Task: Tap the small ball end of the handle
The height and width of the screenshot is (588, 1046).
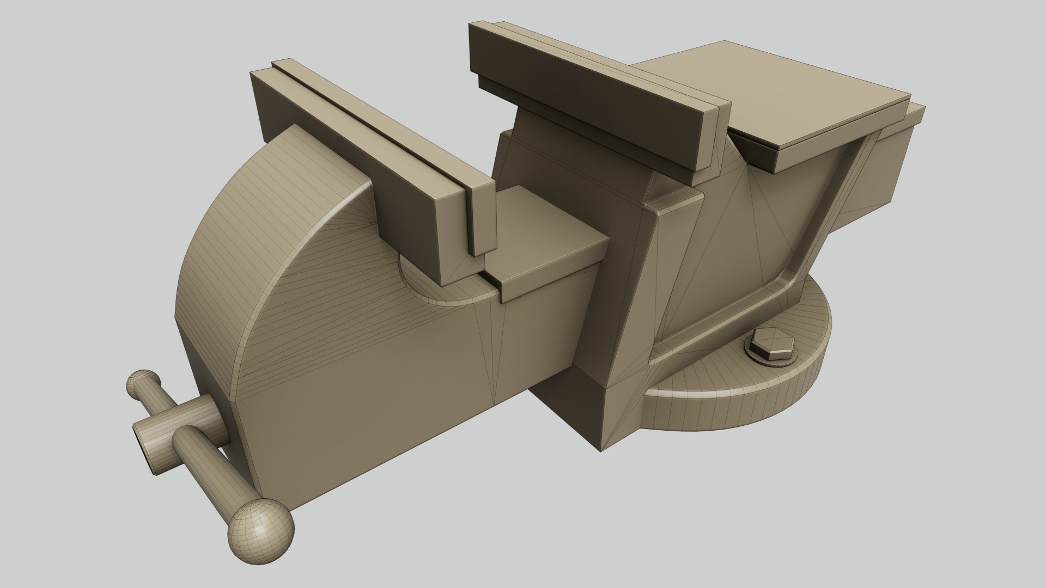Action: tap(143, 384)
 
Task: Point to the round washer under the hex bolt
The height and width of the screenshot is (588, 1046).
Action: tap(793, 361)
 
